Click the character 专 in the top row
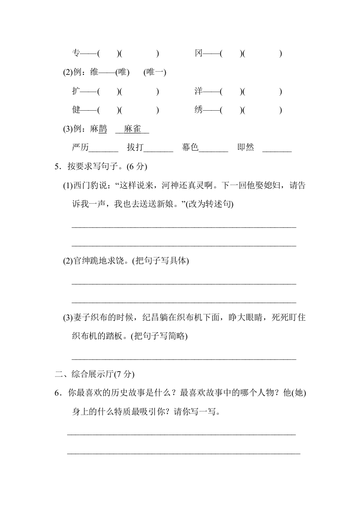pos(76,54)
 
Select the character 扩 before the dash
pos(76,91)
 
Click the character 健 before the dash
pos(76,110)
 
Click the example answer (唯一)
pos(155,73)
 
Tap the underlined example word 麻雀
pos(132,129)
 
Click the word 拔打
pos(135,148)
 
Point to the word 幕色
pos(190,148)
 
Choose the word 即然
pos(246,148)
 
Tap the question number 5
pos(57,166)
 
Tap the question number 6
pos(57,393)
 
